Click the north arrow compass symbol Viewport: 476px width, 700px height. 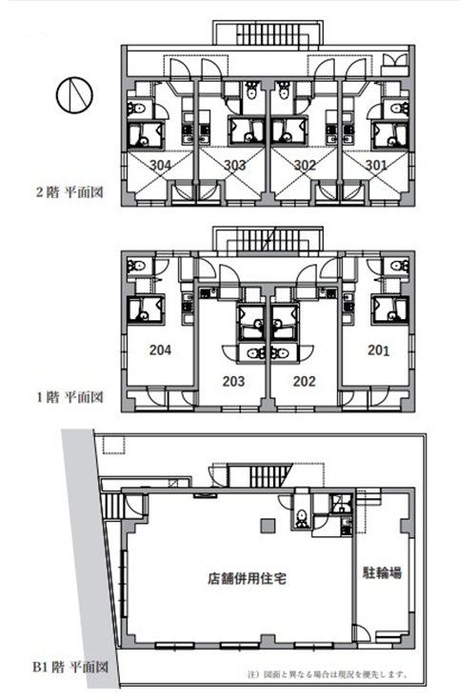click(x=74, y=95)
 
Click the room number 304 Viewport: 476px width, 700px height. click(x=160, y=165)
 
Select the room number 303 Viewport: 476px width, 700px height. click(x=234, y=165)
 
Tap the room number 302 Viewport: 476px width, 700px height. click(x=306, y=165)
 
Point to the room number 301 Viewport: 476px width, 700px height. click(x=376, y=165)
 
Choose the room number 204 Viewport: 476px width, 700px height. click(x=160, y=350)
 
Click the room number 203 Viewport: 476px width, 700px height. click(x=234, y=381)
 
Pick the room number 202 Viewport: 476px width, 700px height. click(x=305, y=381)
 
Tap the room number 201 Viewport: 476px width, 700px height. click(x=378, y=350)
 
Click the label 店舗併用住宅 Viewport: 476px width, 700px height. click(x=247, y=579)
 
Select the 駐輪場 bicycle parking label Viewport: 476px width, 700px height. click(x=382, y=572)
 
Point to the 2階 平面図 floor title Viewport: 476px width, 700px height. click(x=69, y=192)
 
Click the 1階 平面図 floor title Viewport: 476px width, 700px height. click(x=69, y=397)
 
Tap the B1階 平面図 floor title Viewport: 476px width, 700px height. click(x=70, y=668)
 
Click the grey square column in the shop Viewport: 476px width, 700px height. click(x=268, y=526)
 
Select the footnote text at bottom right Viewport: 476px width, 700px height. click(x=327, y=674)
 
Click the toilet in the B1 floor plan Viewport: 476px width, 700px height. click(x=302, y=518)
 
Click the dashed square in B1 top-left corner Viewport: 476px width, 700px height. click(x=113, y=445)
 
